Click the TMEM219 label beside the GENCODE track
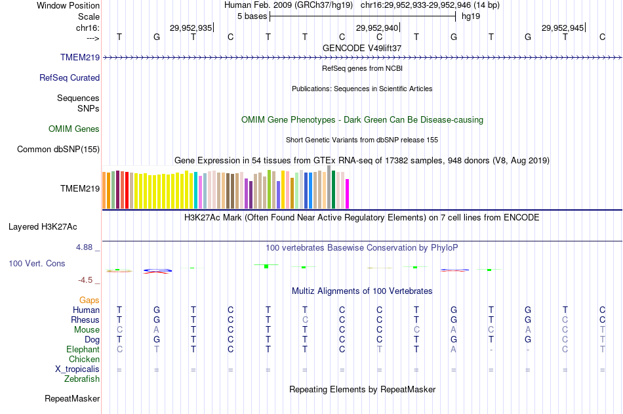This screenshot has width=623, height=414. (80, 58)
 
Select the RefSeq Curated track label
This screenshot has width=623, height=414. (70, 77)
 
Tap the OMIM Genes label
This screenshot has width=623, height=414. (74, 129)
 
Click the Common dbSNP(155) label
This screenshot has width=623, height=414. (58, 150)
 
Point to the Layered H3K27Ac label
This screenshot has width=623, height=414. (43, 227)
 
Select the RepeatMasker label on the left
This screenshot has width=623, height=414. (72, 398)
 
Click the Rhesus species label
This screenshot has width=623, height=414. (85, 320)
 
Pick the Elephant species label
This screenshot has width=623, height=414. (83, 350)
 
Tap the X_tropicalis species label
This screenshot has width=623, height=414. (77, 369)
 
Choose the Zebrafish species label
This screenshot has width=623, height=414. (82, 379)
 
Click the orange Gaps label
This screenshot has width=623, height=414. (89, 300)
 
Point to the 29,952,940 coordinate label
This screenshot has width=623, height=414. (377, 28)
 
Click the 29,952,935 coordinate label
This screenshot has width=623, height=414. (191, 28)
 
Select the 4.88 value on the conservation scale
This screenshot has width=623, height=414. (85, 247)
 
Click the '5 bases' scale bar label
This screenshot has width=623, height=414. (252, 16)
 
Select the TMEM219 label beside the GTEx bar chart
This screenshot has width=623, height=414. (80, 188)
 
